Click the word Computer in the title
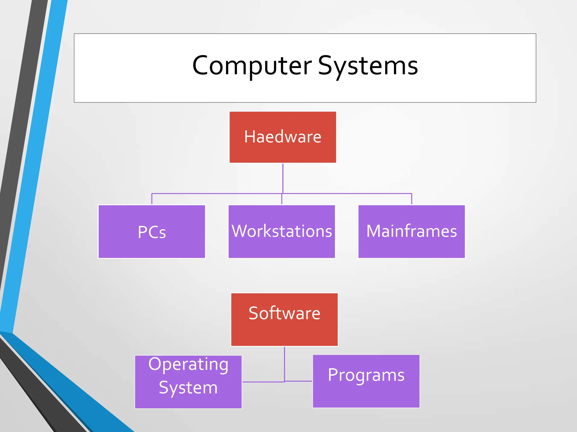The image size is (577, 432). coord(252,66)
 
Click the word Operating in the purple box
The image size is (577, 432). coord(188,364)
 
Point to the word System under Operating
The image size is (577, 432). coord(188,388)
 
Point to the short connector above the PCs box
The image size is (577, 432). coord(152,199)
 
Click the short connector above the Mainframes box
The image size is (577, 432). coord(412,199)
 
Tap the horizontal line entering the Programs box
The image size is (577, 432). coord(299,381)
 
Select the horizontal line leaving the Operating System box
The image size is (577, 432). coord(263,382)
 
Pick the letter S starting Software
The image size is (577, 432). coord(254,313)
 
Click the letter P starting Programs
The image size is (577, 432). coord(333,375)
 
